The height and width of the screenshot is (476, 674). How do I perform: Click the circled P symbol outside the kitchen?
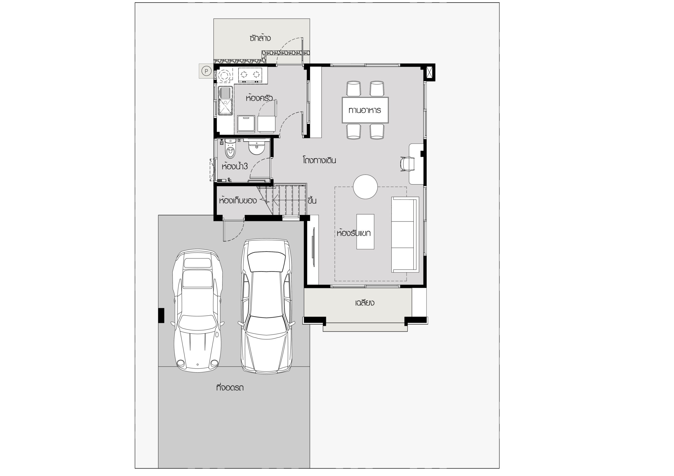pos(206,71)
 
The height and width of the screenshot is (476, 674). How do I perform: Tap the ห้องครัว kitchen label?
pos(259,98)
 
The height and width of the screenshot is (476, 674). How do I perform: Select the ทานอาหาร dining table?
pos(365,110)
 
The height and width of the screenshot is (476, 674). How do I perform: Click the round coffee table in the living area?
pos(365,186)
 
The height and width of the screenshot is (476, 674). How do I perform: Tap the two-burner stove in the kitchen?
pos(250,74)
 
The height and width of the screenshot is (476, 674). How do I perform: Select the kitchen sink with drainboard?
pos(225,101)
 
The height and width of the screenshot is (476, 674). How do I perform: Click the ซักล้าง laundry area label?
pos(260,38)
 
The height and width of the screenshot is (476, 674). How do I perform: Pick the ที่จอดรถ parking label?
pos(230,388)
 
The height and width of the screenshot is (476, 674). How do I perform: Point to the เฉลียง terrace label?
pos(365,303)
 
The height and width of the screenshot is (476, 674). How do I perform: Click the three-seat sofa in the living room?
pos(405,235)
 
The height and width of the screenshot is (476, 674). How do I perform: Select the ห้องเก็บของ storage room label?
pos(238,201)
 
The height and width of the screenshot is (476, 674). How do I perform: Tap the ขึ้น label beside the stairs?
pos(312,201)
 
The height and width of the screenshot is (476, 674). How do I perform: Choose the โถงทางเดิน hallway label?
pos(319,160)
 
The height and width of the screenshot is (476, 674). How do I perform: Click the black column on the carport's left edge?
pos(161,315)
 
